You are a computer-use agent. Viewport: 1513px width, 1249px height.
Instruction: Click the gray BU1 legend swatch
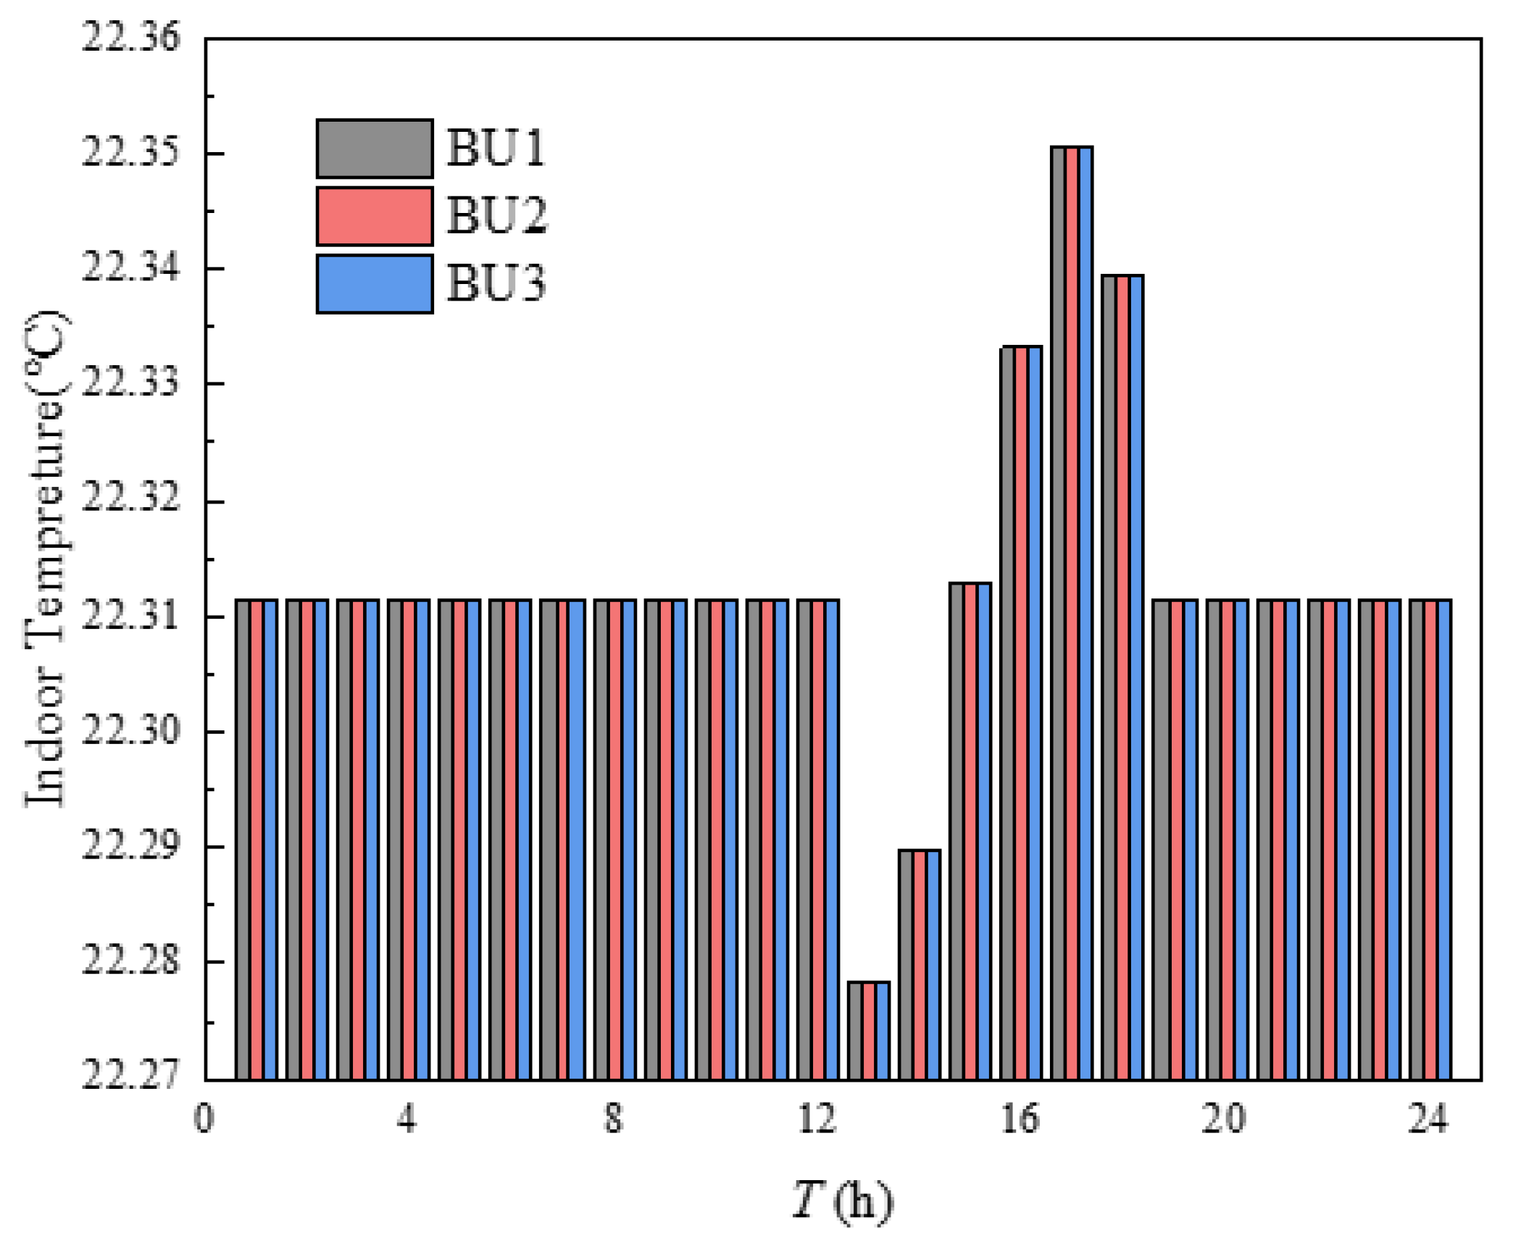[x=375, y=149]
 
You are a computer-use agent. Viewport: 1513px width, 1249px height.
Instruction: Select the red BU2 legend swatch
[x=375, y=216]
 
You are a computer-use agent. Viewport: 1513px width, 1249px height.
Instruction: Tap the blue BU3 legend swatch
[x=375, y=283]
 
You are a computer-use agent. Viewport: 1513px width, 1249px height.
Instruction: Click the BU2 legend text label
[x=496, y=216]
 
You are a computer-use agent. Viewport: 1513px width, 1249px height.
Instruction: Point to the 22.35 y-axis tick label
[x=130, y=153]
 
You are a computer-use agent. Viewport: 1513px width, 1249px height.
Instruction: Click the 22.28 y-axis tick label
[x=130, y=961]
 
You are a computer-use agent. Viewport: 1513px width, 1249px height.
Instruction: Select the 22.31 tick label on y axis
[x=130, y=616]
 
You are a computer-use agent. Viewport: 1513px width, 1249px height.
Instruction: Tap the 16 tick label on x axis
[x=1020, y=1119]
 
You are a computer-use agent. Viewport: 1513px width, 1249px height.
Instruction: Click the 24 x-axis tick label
[x=1427, y=1119]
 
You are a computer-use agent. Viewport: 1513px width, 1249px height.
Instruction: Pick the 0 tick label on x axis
[x=204, y=1119]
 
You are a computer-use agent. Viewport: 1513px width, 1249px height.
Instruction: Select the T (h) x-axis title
[x=842, y=1200]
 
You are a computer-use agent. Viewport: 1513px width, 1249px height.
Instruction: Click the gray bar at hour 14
[x=906, y=964]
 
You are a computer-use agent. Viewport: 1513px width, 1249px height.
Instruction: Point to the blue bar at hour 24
[x=1443, y=840]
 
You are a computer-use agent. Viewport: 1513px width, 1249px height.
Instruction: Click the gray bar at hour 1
[x=243, y=840]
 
